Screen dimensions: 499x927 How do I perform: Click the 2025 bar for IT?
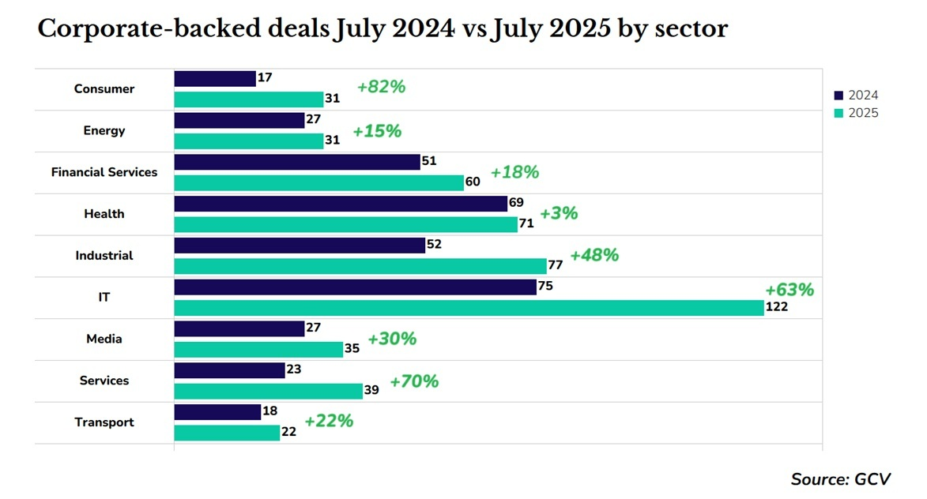469,308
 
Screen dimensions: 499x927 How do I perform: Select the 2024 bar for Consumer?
214,79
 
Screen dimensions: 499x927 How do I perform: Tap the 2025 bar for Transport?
227,433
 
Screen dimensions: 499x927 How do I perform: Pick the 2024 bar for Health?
341,204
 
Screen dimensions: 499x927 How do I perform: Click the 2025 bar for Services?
268,391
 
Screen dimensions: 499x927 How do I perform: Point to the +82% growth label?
381,88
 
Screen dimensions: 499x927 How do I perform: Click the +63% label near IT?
789,290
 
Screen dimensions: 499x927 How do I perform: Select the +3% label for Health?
559,213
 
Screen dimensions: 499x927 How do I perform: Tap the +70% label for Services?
414,381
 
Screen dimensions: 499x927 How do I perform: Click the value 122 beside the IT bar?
777,308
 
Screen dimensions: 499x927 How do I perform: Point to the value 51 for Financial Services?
430,161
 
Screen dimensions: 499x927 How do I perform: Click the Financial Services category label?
104,172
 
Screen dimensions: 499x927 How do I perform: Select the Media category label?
104,339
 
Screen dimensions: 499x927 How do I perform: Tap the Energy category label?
104,130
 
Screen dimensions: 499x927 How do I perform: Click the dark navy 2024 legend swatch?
839,96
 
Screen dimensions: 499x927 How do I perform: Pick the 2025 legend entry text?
863,113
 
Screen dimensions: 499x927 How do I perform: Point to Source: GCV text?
841,479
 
